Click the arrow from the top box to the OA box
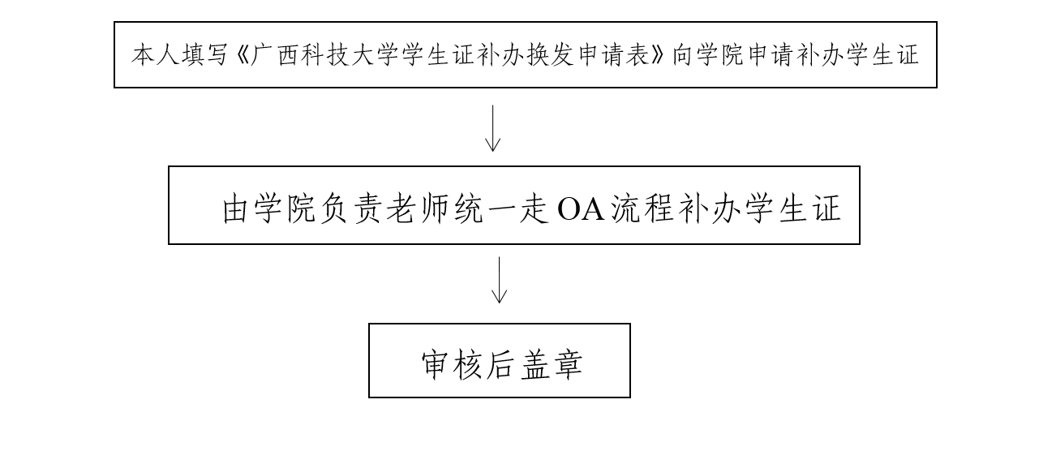(x=492, y=128)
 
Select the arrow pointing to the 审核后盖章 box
(x=499, y=280)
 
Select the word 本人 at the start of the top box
(x=155, y=55)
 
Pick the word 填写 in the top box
(x=204, y=55)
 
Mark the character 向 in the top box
(x=683, y=55)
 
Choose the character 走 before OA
(x=534, y=209)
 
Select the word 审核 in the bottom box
(x=450, y=364)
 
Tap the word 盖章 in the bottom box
(x=552, y=364)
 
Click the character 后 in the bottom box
(x=500, y=364)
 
